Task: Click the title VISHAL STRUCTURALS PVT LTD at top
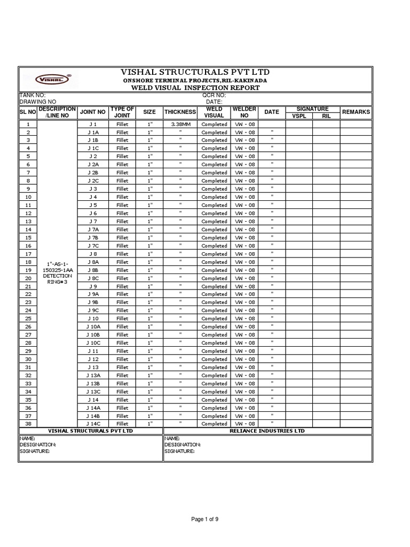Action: [x=195, y=72]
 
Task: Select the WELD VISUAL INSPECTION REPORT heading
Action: [x=195, y=88]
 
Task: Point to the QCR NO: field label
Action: [x=214, y=95]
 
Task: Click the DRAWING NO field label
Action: [x=37, y=101]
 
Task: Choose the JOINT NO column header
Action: [x=92, y=112]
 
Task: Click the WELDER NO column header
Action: [x=245, y=112]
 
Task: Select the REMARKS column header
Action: [x=356, y=112]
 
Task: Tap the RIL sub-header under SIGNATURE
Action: [x=326, y=115]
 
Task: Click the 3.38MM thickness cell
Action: [x=180, y=124]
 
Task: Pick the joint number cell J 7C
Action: [x=93, y=246]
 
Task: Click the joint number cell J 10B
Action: [x=93, y=335]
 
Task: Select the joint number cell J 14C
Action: [x=93, y=424]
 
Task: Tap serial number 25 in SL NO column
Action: [x=28, y=318]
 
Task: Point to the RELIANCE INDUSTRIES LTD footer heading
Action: [x=267, y=431]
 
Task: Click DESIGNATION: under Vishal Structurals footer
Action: [x=38, y=444]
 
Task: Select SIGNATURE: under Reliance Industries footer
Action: [x=179, y=451]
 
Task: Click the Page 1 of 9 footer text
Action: [x=204, y=519]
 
